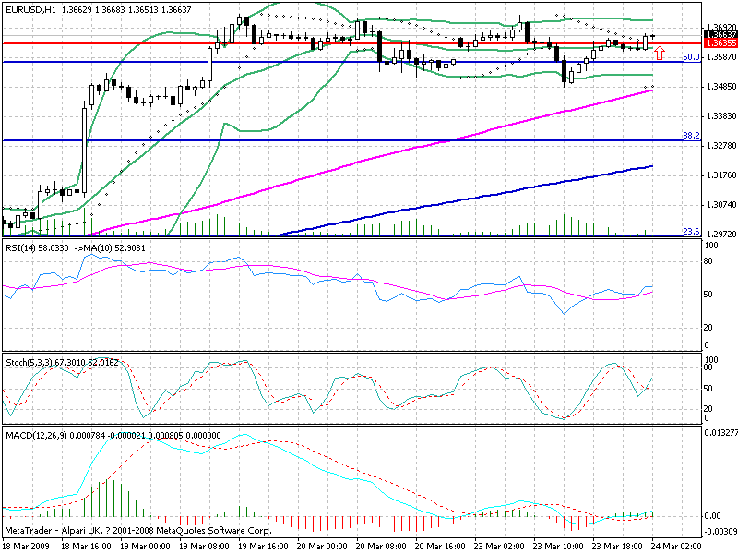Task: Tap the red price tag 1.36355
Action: (x=719, y=43)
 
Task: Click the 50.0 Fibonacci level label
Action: (x=688, y=57)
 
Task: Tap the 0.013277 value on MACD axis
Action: (x=720, y=432)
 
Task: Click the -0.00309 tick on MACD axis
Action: (x=719, y=532)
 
